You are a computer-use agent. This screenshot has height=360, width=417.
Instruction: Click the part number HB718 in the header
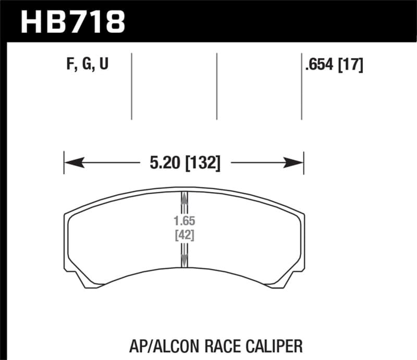[x=72, y=21]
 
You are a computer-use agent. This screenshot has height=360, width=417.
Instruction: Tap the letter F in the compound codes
[x=70, y=65]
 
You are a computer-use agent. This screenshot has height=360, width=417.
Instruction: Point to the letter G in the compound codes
[x=86, y=65]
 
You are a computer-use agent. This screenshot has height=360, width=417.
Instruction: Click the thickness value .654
[x=320, y=65]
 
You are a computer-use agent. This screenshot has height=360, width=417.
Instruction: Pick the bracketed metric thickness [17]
[x=350, y=65]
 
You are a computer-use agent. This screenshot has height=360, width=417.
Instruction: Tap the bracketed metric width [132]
[x=202, y=164]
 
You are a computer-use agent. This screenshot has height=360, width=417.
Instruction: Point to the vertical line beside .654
[x=302, y=86]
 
